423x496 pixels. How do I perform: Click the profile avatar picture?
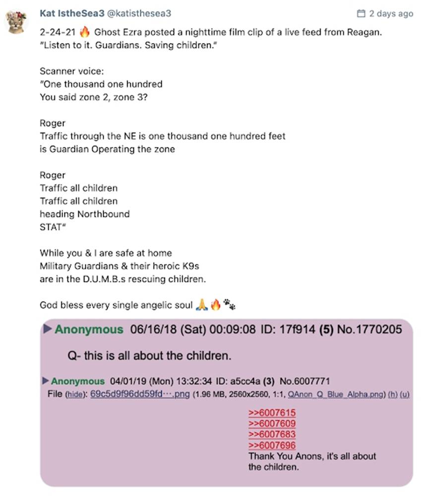(x=16, y=21)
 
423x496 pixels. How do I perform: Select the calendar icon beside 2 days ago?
(x=361, y=13)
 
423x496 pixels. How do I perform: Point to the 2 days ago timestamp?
(x=390, y=13)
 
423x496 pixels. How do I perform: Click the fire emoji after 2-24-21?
(x=84, y=32)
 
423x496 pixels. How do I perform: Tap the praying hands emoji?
(x=201, y=305)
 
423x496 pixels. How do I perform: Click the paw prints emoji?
(x=229, y=305)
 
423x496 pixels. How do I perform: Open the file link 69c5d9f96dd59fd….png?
(x=140, y=394)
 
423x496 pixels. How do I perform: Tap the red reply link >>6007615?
(x=272, y=413)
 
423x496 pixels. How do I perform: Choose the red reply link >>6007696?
(x=272, y=445)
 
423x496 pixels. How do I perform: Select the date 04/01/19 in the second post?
(x=125, y=381)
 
